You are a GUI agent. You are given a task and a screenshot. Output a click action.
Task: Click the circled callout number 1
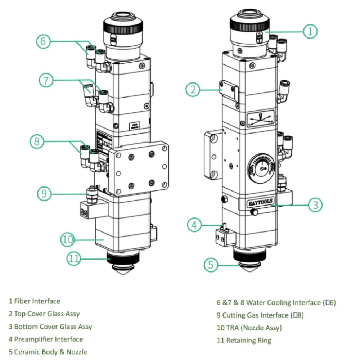310,31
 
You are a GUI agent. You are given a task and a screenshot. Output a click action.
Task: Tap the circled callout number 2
193,89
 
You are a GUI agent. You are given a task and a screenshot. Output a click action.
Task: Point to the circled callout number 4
194,225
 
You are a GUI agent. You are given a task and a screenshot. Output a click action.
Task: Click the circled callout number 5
211,265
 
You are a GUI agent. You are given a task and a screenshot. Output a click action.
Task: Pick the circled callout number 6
43,41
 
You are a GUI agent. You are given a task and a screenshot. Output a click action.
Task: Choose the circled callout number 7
46,80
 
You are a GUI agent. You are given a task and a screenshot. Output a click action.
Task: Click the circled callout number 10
67,239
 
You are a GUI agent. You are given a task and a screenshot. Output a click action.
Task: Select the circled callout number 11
74,259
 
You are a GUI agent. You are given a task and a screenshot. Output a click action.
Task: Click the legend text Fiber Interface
35,301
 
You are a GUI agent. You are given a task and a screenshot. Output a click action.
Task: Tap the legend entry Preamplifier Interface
46,339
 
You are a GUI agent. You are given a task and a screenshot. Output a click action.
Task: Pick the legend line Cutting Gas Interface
260,315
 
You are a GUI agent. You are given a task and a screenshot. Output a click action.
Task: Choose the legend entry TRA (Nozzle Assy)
249,328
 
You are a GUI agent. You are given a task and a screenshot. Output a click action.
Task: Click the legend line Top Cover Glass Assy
44,314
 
